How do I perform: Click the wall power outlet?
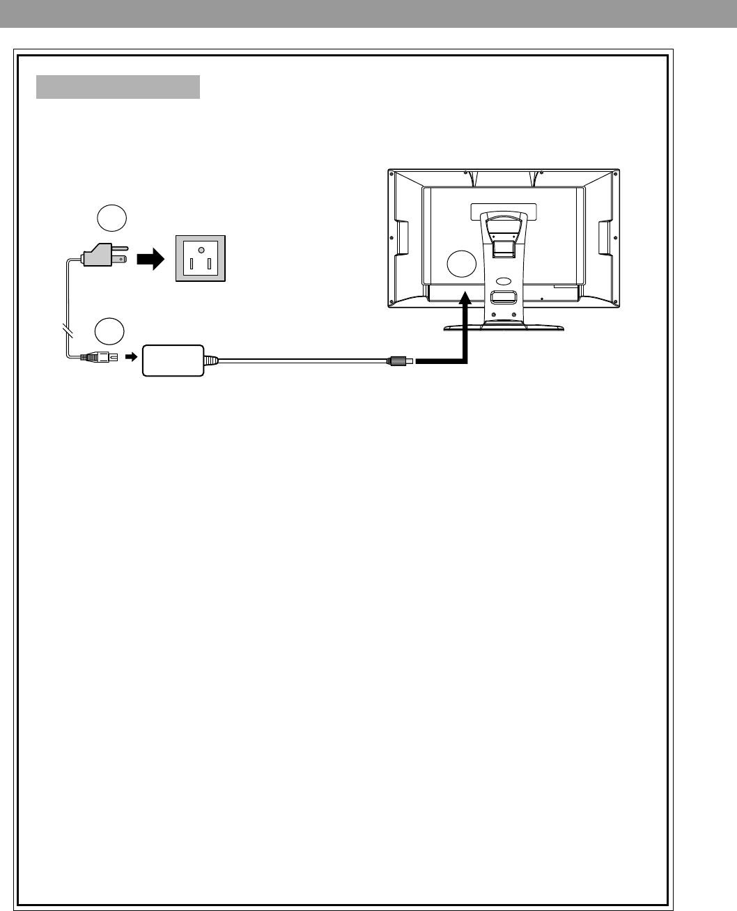click(x=201, y=258)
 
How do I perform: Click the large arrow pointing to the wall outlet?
click(x=149, y=260)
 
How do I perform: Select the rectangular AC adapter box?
click(x=173, y=360)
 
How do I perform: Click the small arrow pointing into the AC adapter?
click(x=130, y=357)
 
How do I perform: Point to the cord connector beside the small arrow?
click(x=94, y=357)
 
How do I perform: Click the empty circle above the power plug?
click(x=111, y=218)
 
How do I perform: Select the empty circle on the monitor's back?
click(x=461, y=264)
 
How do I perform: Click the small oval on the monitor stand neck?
click(x=504, y=282)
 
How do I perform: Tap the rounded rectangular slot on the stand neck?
click(x=504, y=297)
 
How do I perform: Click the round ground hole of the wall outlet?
click(x=201, y=249)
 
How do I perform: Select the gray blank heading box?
click(x=118, y=87)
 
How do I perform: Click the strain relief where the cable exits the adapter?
click(x=210, y=361)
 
